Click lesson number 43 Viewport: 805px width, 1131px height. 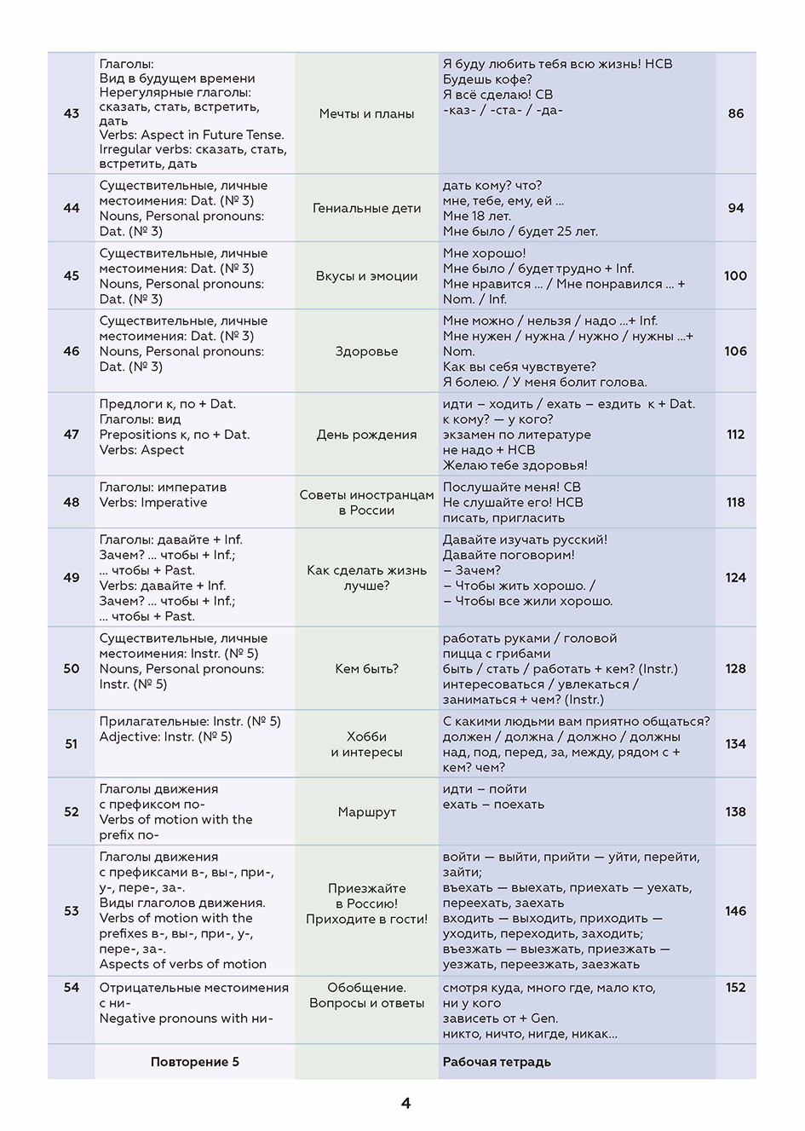(72, 113)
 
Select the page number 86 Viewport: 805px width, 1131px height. (736, 113)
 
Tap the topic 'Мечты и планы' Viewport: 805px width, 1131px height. (366, 113)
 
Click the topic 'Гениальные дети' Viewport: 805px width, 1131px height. (366, 208)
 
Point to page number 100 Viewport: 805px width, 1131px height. (735, 275)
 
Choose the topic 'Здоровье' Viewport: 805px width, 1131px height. (366, 351)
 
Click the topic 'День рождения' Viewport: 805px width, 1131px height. (366, 435)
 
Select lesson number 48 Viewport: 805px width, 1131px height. (72, 502)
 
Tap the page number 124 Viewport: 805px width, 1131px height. (735, 577)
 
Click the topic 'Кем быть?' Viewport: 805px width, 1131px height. (366, 669)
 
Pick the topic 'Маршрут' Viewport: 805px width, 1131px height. (366, 812)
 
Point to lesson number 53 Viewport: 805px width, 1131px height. (72, 911)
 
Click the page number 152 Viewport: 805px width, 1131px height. (735, 988)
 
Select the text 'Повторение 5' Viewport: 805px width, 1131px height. (195, 1062)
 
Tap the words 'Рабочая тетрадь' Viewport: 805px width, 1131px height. (497, 1062)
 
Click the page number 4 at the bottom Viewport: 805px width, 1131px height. (405, 1103)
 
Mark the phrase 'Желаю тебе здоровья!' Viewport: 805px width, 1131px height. (515, 465)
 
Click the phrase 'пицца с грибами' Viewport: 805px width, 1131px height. (497, 654)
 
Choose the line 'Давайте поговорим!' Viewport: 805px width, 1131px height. (509, 555)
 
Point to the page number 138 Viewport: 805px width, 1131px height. (735, 812)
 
